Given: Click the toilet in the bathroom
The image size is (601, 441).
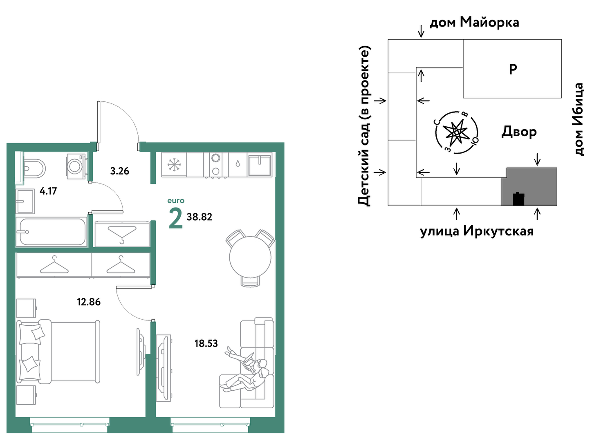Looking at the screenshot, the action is [x=34, y=169].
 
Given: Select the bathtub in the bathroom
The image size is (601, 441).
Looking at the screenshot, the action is [x=51, y=232].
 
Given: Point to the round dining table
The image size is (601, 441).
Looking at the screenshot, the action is [x=250, y=257].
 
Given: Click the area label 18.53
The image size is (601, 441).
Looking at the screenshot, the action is [x=206, y=344].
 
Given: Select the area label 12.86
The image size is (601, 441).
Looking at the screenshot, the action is [x=89, y=302].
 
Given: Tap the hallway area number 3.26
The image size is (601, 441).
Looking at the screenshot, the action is [x=120, y=171].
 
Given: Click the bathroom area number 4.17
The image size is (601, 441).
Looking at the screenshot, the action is [x=48, y=191].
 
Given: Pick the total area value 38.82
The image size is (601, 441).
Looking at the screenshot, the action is [x=200, y=217].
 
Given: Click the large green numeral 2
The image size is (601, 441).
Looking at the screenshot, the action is [x=176, y=219].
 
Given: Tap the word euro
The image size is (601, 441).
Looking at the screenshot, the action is [x=176, y=201].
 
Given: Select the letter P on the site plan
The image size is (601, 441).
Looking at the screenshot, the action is [x=513, y=69].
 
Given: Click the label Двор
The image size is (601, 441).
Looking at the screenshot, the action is [x=519, y=132].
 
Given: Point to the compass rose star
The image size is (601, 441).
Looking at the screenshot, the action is [x=456, y=132].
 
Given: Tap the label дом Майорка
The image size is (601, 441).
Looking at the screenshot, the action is [x=474, y=22].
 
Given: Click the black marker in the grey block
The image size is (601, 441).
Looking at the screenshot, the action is [x=518, y=199].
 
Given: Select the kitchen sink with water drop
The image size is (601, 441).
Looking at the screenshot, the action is [x=238, y=164].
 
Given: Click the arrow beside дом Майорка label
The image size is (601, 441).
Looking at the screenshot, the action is [x=421, y=31].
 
